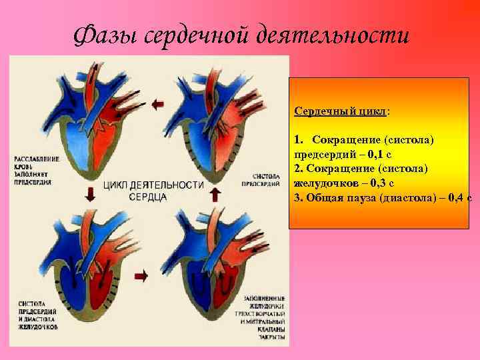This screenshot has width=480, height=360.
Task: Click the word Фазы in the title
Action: click(106, 34)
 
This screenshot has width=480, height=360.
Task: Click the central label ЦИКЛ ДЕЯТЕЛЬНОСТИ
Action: click(153, 185)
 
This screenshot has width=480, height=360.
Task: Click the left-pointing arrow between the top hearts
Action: click(157, 103)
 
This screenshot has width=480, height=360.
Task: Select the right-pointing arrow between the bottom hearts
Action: click(141, 275)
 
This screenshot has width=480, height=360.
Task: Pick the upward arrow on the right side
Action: click(215, 194)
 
